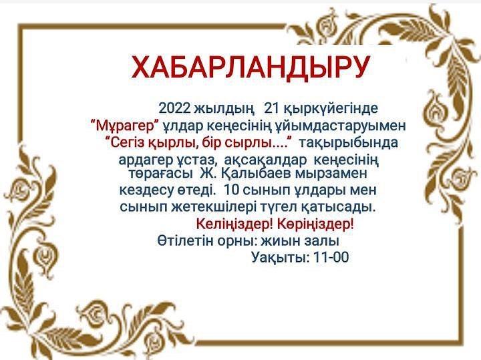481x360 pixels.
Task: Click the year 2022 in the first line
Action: (x=174, y=108)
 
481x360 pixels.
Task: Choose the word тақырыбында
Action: (x=349, y=143)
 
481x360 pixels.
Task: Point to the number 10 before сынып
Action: (x=232, y=190)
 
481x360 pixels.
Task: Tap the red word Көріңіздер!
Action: (x=315, y=224)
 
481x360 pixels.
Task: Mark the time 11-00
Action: (x=331, y=258)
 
